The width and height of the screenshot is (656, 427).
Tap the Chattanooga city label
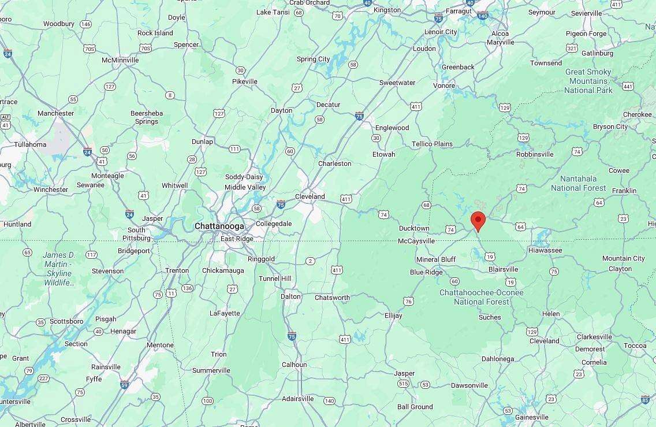click(219, 226)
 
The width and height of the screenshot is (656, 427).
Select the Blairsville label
click(503, 269)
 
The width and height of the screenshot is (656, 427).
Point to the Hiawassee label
click(545, 250)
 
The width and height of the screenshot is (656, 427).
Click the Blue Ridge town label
click(426, 272)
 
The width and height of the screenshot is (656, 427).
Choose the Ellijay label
click(393, 316)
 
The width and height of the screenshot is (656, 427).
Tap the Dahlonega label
click(498, 359)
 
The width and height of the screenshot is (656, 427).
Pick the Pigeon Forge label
click(586, 34)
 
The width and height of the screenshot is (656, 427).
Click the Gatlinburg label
click(597, 53)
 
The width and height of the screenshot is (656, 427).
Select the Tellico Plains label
click(432, 144)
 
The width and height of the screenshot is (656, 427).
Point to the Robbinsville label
click(535, 154)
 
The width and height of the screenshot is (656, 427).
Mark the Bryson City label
click(610, 127)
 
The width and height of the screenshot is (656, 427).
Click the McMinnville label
click(120, 60)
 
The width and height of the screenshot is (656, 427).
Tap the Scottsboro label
click(66, 321)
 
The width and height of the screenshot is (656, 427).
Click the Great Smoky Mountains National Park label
click(588, 81)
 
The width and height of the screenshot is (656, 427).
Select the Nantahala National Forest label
click(578, 183)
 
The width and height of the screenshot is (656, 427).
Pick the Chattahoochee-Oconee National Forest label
click(482, 297)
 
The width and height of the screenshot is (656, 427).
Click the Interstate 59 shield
click(124, 384)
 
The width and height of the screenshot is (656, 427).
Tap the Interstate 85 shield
click(645, 399)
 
